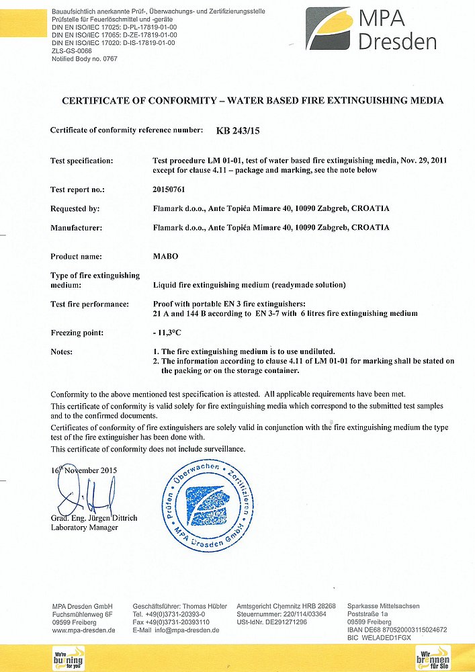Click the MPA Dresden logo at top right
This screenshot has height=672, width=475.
pos(371,30)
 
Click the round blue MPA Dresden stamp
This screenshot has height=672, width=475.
pos(209,506)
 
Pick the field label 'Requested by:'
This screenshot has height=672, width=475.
pos(75,209)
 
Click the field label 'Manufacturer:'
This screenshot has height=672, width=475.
pos(76,228)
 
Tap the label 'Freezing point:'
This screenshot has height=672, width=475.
pos(77,333)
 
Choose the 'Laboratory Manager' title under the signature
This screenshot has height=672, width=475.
pos(85,528)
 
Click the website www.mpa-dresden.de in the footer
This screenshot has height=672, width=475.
pos(84,630)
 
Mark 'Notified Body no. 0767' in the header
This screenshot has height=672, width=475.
pos(85,58)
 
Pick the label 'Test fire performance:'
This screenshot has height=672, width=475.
pos(89,304)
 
